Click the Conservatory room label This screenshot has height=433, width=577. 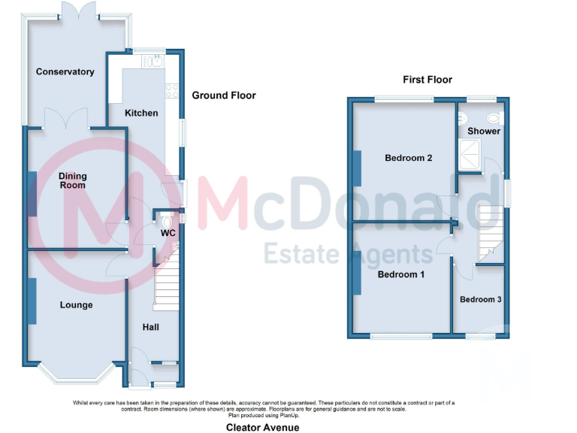coord(65,72)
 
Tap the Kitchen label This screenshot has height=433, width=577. coord(141,113)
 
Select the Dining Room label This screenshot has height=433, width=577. coord(73,180)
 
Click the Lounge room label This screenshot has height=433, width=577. coord(77,305)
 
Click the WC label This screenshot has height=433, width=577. coord(168,233)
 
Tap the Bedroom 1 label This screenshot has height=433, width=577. coord(400,274)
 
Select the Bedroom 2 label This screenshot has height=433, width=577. coord(408,158)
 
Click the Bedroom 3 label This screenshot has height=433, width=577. coord(481,299)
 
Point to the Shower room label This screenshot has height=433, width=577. coord(484,132)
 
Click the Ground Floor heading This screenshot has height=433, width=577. coord(223,95)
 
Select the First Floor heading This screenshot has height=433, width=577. coord(427,80)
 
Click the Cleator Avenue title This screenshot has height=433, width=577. coord(263,427)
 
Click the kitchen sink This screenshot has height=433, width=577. coord(157,61)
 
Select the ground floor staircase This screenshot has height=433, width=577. coord(166,286)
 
